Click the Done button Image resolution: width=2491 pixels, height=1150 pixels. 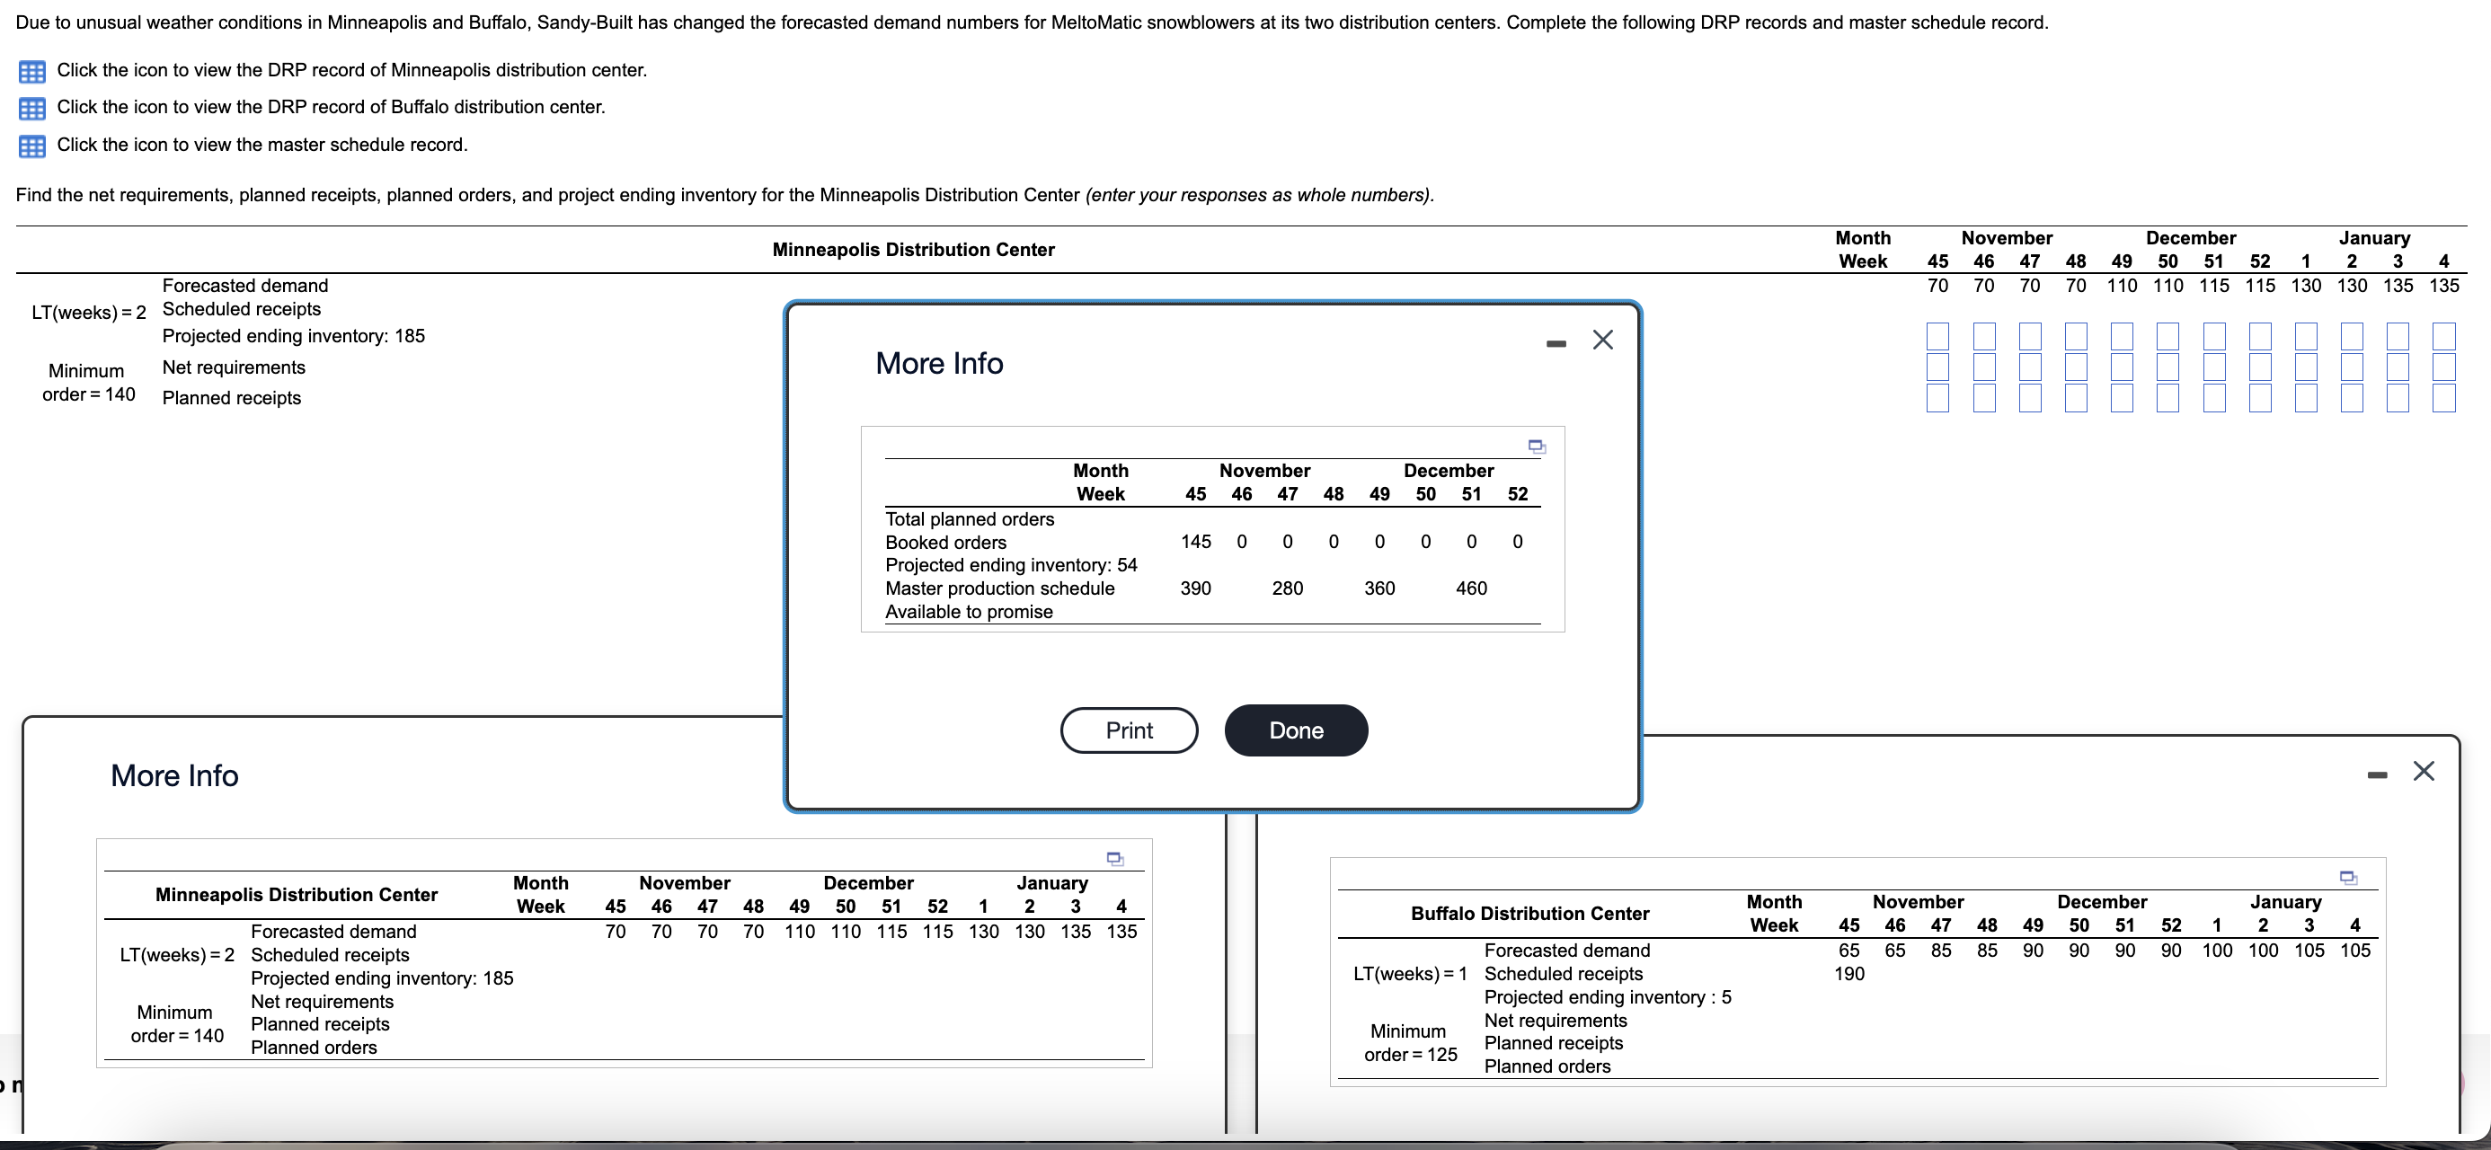pos(1295,730)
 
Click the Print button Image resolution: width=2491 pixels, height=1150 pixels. pos(1129,730)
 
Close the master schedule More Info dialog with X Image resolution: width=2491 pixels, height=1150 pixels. pos(1602,340)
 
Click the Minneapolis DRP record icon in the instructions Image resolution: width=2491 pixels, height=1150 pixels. pos(32,72)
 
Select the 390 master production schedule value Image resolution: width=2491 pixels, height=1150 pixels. pos(1195,588)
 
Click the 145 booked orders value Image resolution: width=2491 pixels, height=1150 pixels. pos(1195,542)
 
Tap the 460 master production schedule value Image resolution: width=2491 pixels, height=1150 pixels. pos(1471,588)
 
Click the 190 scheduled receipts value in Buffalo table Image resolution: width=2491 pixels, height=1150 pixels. pos(1848,974)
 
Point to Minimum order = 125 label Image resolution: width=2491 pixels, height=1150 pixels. pos(1410,1043)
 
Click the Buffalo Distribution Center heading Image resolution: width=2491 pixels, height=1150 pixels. pos(1529,913)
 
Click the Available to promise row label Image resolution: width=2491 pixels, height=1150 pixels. pos(969,611)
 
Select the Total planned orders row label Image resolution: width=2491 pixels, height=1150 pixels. pos(970,519)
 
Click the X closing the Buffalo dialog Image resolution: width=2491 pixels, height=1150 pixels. pos(2423,771)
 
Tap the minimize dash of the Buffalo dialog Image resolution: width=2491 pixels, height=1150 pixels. pos(2377,774)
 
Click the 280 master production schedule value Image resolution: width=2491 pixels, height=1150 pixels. pos(1287,588)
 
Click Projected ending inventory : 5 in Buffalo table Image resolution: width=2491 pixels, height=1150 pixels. pos(1607,997)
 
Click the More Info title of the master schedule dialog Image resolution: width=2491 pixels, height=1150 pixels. pos(939,364)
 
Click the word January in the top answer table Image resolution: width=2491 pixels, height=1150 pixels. pos(2374,238)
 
